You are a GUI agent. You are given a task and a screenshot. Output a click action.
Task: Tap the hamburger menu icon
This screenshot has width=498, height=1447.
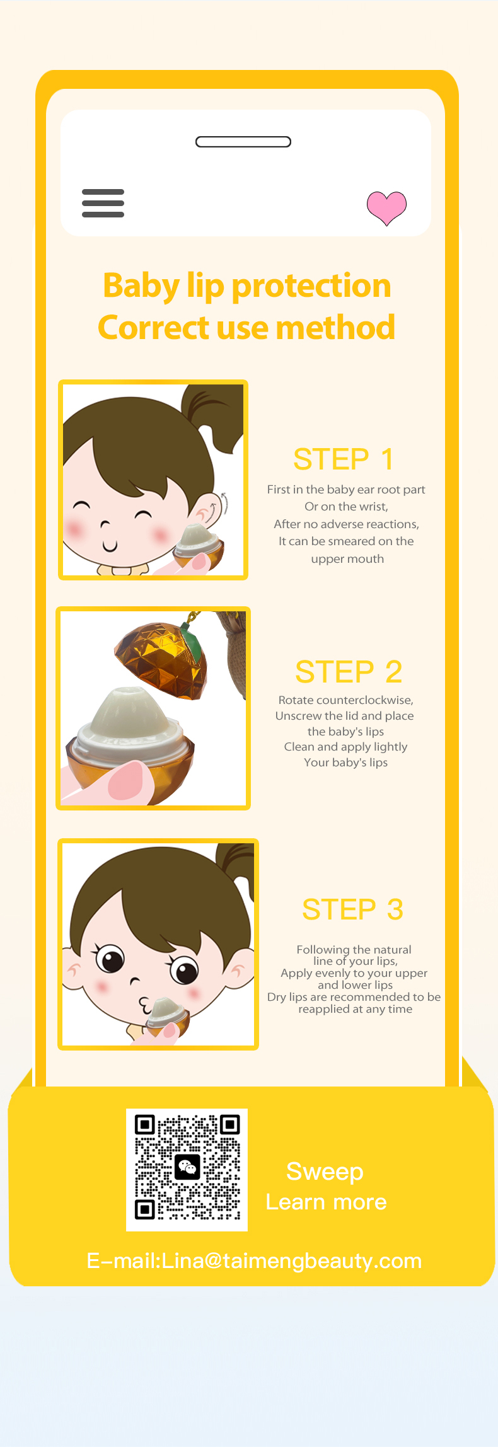tap(103, 203)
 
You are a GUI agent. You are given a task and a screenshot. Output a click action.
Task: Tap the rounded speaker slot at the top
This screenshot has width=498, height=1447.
tap(243, 142)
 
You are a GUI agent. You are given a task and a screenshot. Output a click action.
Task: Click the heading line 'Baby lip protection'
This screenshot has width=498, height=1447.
tap(247, 285)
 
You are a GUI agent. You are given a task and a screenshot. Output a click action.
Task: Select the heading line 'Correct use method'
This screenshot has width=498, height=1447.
tap(246, 327)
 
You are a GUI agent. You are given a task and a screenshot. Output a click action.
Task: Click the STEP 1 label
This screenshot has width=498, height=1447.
tap(344, 459)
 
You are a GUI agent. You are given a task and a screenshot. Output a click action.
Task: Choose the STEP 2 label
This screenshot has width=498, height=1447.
tap(349, 672)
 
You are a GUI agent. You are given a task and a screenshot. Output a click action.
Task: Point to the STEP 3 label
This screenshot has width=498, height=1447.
tap(352, 909)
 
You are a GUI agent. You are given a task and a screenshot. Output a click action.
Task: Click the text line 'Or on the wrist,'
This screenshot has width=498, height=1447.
tap(347, 507)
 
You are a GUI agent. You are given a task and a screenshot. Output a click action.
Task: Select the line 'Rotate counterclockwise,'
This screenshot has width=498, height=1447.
tap(346, 700)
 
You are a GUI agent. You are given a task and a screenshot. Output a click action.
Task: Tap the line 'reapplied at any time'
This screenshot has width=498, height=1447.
tap(356, 1009)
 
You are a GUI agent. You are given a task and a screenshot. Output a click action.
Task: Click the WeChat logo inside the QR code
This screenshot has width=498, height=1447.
tap(187, 1168)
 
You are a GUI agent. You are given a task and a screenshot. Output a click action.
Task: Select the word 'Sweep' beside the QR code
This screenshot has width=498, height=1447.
tap(325, 1172)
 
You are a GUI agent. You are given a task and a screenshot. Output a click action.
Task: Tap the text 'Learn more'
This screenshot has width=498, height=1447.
tap(326, 1202)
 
